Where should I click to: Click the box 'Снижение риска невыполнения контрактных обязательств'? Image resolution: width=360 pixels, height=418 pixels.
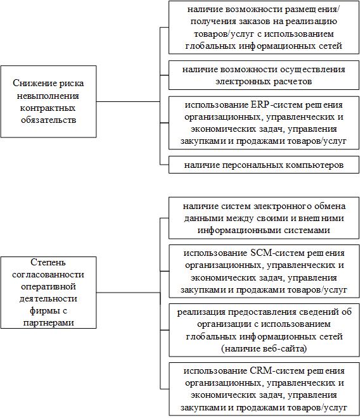click(x=48, y=101)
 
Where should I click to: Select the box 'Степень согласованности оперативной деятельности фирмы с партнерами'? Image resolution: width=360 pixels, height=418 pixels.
click(x=48, y=293)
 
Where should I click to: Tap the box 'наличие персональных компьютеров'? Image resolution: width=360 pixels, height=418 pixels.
click(x=264, y=165)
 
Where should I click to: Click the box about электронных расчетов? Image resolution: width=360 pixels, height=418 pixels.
click(x=264, y=75)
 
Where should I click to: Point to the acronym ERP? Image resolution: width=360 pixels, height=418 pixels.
click(x=260, y=104)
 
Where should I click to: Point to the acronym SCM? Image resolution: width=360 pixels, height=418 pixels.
click(x=260, y=253)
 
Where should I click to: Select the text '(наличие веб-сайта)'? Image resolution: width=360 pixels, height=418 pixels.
click(x=264, y=348)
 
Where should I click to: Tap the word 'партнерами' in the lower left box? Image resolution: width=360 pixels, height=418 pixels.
click(x=49, y=322)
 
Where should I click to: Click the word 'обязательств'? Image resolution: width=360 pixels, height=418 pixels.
click(x=49, y=120)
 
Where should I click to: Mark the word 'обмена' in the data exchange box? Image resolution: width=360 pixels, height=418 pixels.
click(x=330, y=206)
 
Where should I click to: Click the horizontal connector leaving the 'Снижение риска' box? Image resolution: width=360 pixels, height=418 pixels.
click(x=128, y=101)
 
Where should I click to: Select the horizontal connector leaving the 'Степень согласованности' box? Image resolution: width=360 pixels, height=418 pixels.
click(x=128, y=293)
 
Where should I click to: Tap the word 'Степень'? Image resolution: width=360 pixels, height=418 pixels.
click(x=48, y=262)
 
